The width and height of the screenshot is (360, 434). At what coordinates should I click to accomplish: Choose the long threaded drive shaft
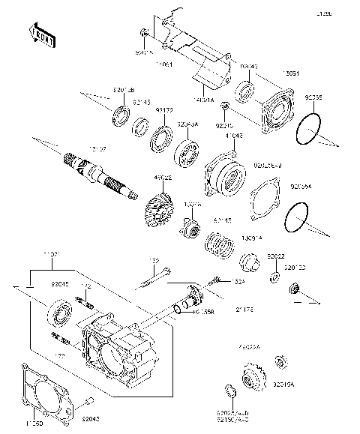click(101, 176)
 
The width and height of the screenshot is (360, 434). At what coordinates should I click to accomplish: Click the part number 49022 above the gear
click(163, 178)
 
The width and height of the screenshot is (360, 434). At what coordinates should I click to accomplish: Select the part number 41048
click(233, 136)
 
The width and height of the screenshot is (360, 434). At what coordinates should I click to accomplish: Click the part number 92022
click(275, 256)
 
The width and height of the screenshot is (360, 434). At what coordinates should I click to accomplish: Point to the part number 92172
click(164, 109)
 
